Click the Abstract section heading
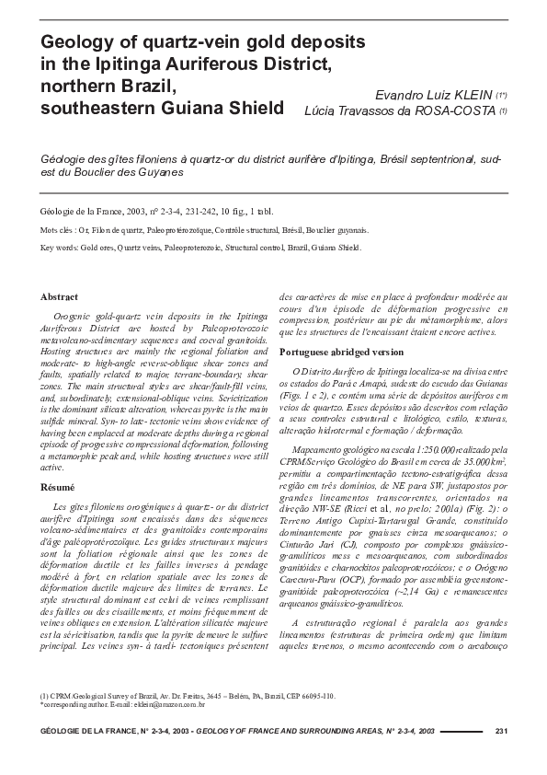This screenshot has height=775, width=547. click(x=60, y=297)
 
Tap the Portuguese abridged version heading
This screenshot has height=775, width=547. click(x=341, y=352)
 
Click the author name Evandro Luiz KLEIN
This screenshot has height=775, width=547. click(x=434, y=94)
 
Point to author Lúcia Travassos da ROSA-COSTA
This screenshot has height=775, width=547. click(x=401, y=110)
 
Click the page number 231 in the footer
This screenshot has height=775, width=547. click(x=501, y=732)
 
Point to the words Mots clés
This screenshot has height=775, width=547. click(x=59, y=230)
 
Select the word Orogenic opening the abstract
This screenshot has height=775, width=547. click(x=75, y=317)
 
